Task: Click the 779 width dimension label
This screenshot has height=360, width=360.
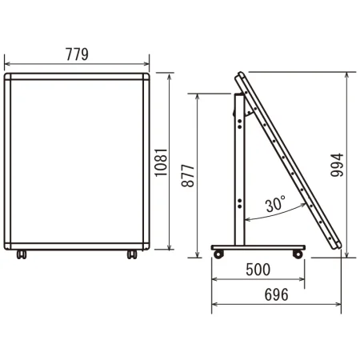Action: point(77,54)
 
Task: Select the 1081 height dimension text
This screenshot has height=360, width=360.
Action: point(161,162)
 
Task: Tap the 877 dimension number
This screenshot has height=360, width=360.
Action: point(188,176)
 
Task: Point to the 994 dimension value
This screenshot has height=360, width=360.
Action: point(337,165)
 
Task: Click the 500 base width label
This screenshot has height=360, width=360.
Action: point(258,270)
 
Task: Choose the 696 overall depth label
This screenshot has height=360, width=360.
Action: point(276,294)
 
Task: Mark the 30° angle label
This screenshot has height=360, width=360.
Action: point(275,204)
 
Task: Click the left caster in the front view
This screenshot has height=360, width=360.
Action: point(22,254)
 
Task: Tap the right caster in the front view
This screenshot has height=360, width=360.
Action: point(132,254)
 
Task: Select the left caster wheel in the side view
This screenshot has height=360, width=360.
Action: point(218,254)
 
